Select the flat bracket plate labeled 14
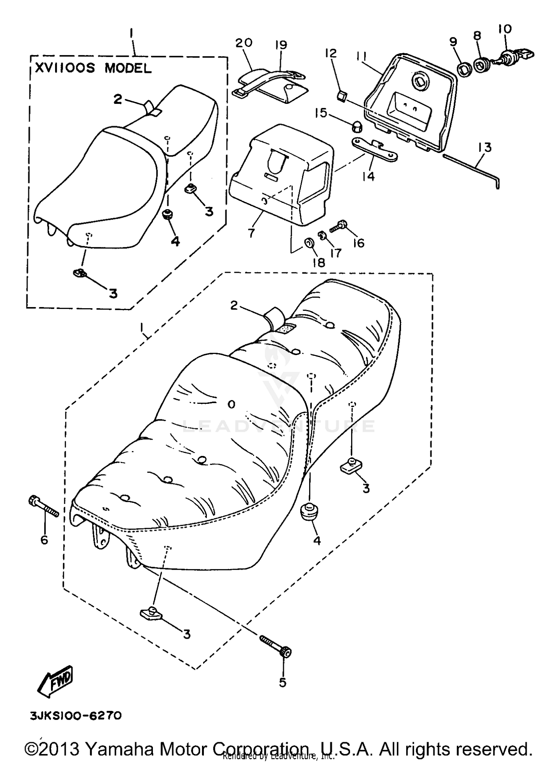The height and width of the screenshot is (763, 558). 373,149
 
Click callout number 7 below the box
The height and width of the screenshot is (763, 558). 251,233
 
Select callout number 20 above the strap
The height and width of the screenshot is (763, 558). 244,43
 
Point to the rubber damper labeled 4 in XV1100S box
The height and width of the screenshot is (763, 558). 167,215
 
